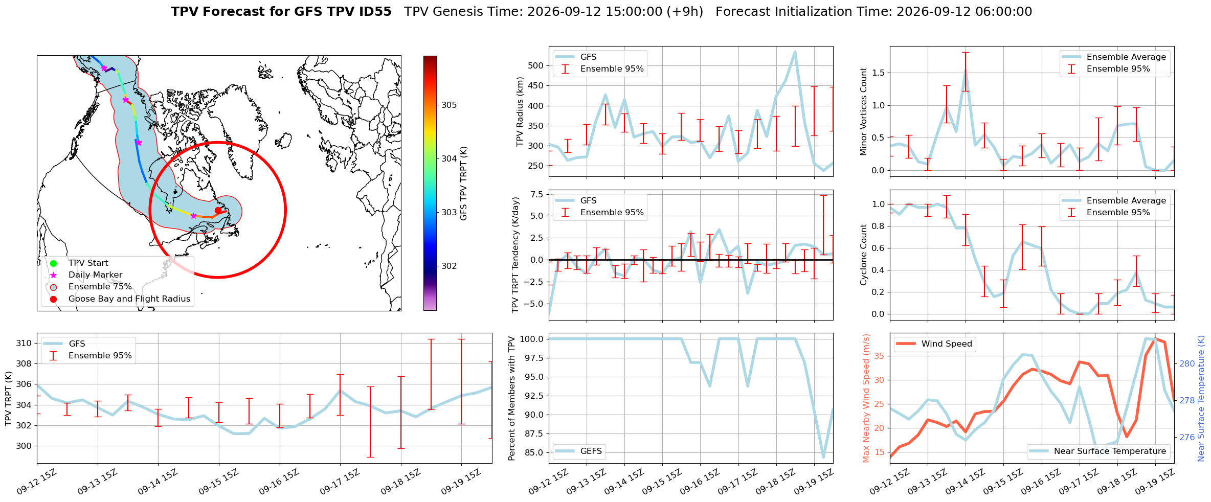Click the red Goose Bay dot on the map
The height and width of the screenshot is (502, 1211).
coord(218,210)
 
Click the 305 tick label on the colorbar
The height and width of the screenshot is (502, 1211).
coord(450,105)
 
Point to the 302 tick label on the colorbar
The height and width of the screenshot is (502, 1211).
coord(450,266)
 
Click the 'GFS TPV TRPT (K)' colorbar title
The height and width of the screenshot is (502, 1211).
coord(464,184)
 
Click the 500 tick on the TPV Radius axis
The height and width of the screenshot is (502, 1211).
coord(536,65)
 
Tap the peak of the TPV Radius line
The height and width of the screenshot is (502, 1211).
coord(795,52)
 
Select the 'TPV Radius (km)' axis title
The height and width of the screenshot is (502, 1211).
coord(520,111)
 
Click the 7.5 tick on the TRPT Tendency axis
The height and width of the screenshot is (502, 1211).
coord(537,194)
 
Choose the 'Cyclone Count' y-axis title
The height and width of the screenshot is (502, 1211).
coord(864,255)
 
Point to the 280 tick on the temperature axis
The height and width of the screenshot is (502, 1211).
coord(1187,364)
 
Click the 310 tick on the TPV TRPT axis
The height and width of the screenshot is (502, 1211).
coord(24,343)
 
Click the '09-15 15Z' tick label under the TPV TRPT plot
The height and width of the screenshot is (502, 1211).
coord(218,482)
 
